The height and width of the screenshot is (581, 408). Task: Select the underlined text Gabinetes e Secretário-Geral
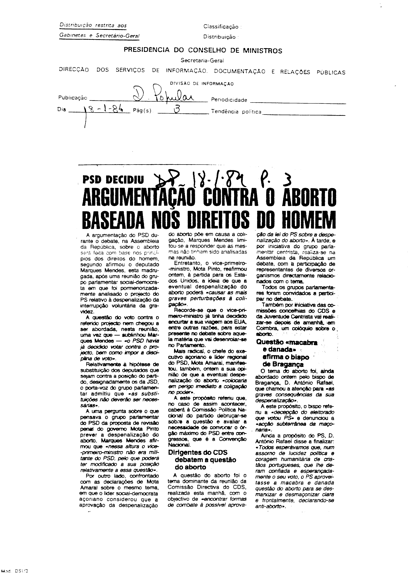(x=99, y=36)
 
